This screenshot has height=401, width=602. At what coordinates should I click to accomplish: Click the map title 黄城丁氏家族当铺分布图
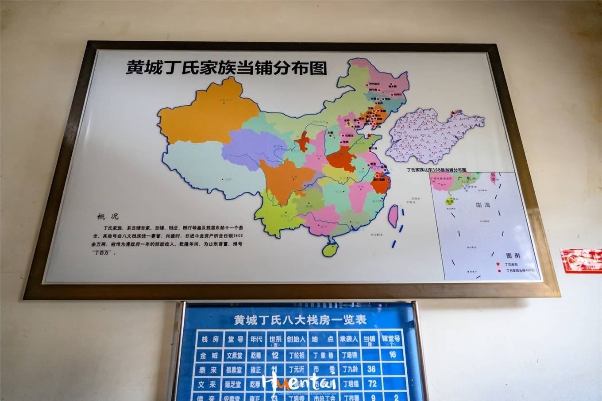pyautogui.click(x=226, y=68)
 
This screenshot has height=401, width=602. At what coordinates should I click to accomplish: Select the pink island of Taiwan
pyautogui.click(x=392, y=216)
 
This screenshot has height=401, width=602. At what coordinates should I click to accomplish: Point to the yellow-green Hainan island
pyautogui.click(x=330, y=249)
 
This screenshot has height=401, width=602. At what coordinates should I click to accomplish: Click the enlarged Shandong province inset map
pyautogui.click(x=432, y=135)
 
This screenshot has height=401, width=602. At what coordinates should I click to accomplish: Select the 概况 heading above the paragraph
pyautogui.click(x=108, y=216)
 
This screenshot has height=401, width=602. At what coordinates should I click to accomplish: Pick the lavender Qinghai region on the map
pyautogui.click(x=250, y=148)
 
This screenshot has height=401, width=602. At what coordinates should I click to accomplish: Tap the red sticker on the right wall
pyautogui.click(x=580, y=260)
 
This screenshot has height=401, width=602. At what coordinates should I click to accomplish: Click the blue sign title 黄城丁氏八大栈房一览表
pyautogui.click(x=300, y=320)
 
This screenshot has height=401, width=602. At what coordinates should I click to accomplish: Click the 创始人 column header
pyautogui.click(x=296, y=339)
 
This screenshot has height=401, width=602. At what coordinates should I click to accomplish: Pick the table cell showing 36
pyautogui.click(x=371, y=369)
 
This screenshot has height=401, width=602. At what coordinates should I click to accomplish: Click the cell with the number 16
pyautogui.click(x=392, y=354)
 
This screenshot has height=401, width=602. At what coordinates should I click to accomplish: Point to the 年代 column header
pyautogui.click(x=256, y=339)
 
